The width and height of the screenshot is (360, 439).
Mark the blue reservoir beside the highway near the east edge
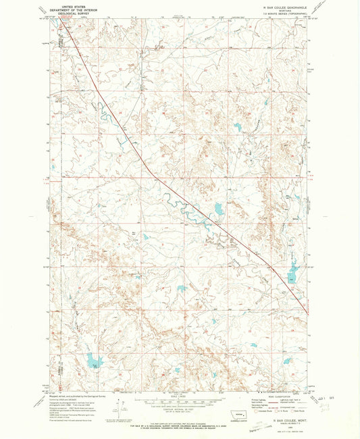[x=292, y=273]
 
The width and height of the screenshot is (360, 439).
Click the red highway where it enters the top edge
[x=61, y=18]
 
